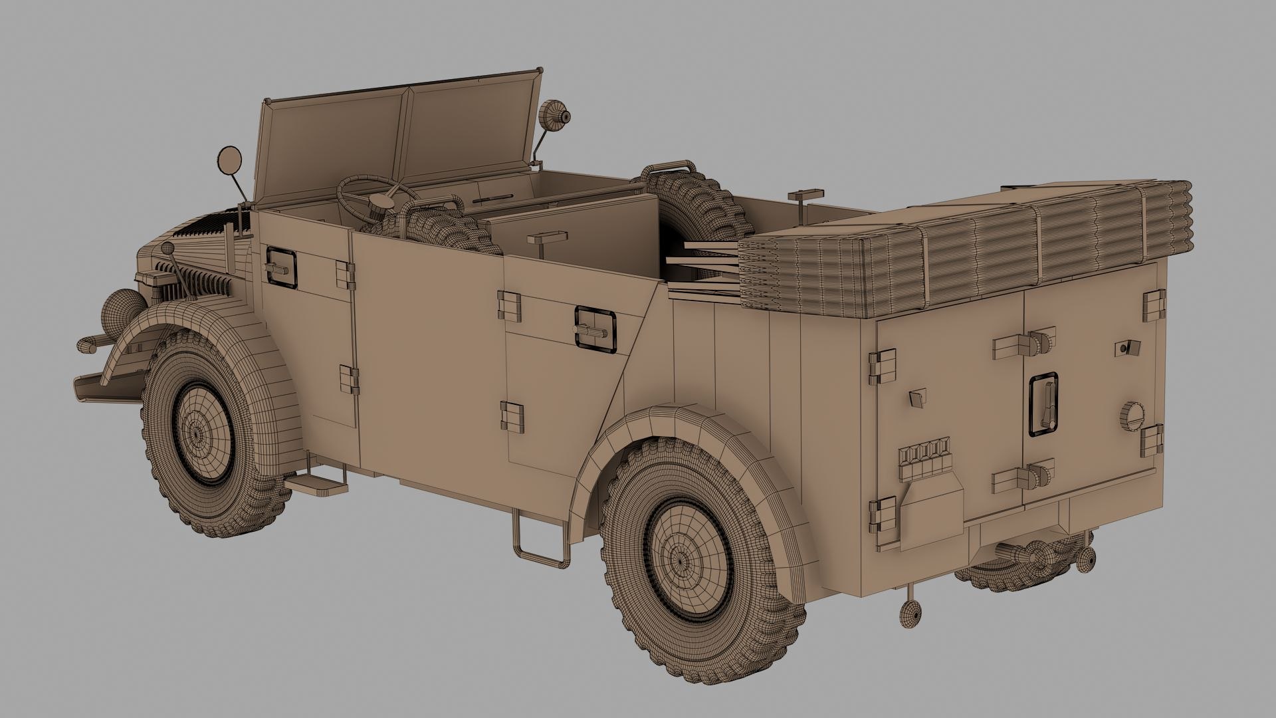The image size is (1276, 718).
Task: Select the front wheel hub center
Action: (x=197, y=433)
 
